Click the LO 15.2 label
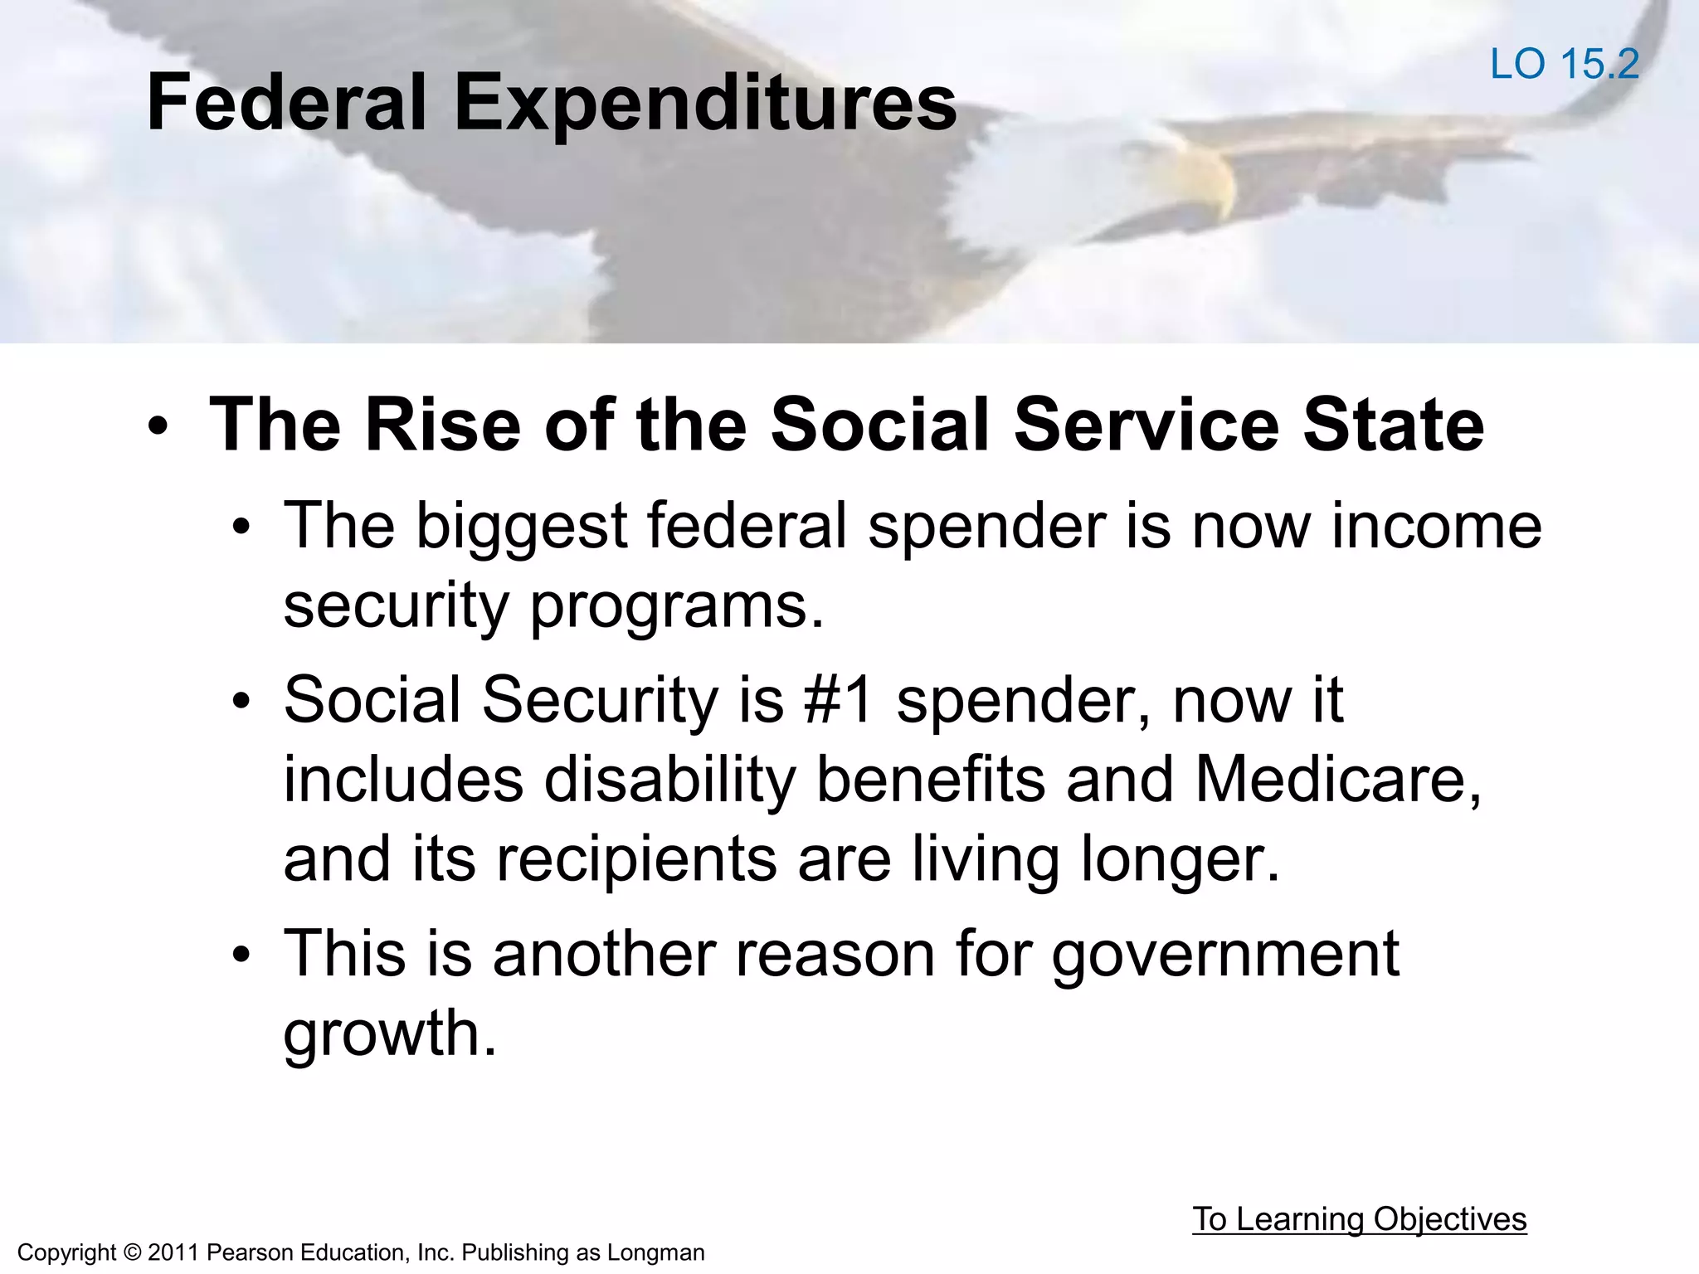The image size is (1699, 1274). pyautogui.click(x=1564, y=65)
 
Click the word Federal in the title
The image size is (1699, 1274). pyautogui.click(x=286, y=103)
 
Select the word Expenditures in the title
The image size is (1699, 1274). pyautogui.click(x=705, y=103)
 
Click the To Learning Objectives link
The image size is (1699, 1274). pyautogui.click(x=1359, y=1219)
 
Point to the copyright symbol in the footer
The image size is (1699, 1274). pyautogui.click(x=133, y=1252)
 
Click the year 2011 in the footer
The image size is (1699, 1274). pyautogui.click(x=173, y=1252)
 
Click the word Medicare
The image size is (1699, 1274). pyautogui.click(x=1337, y=780)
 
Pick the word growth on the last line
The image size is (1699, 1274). pyautogui.click(x=390, y=1034)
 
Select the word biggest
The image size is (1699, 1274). pyautogui.click(x=521, y=528)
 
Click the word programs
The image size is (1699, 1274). pyautogui.click(x=677, y=606)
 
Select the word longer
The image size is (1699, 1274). pyautogui.click(x=1181, y=859)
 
